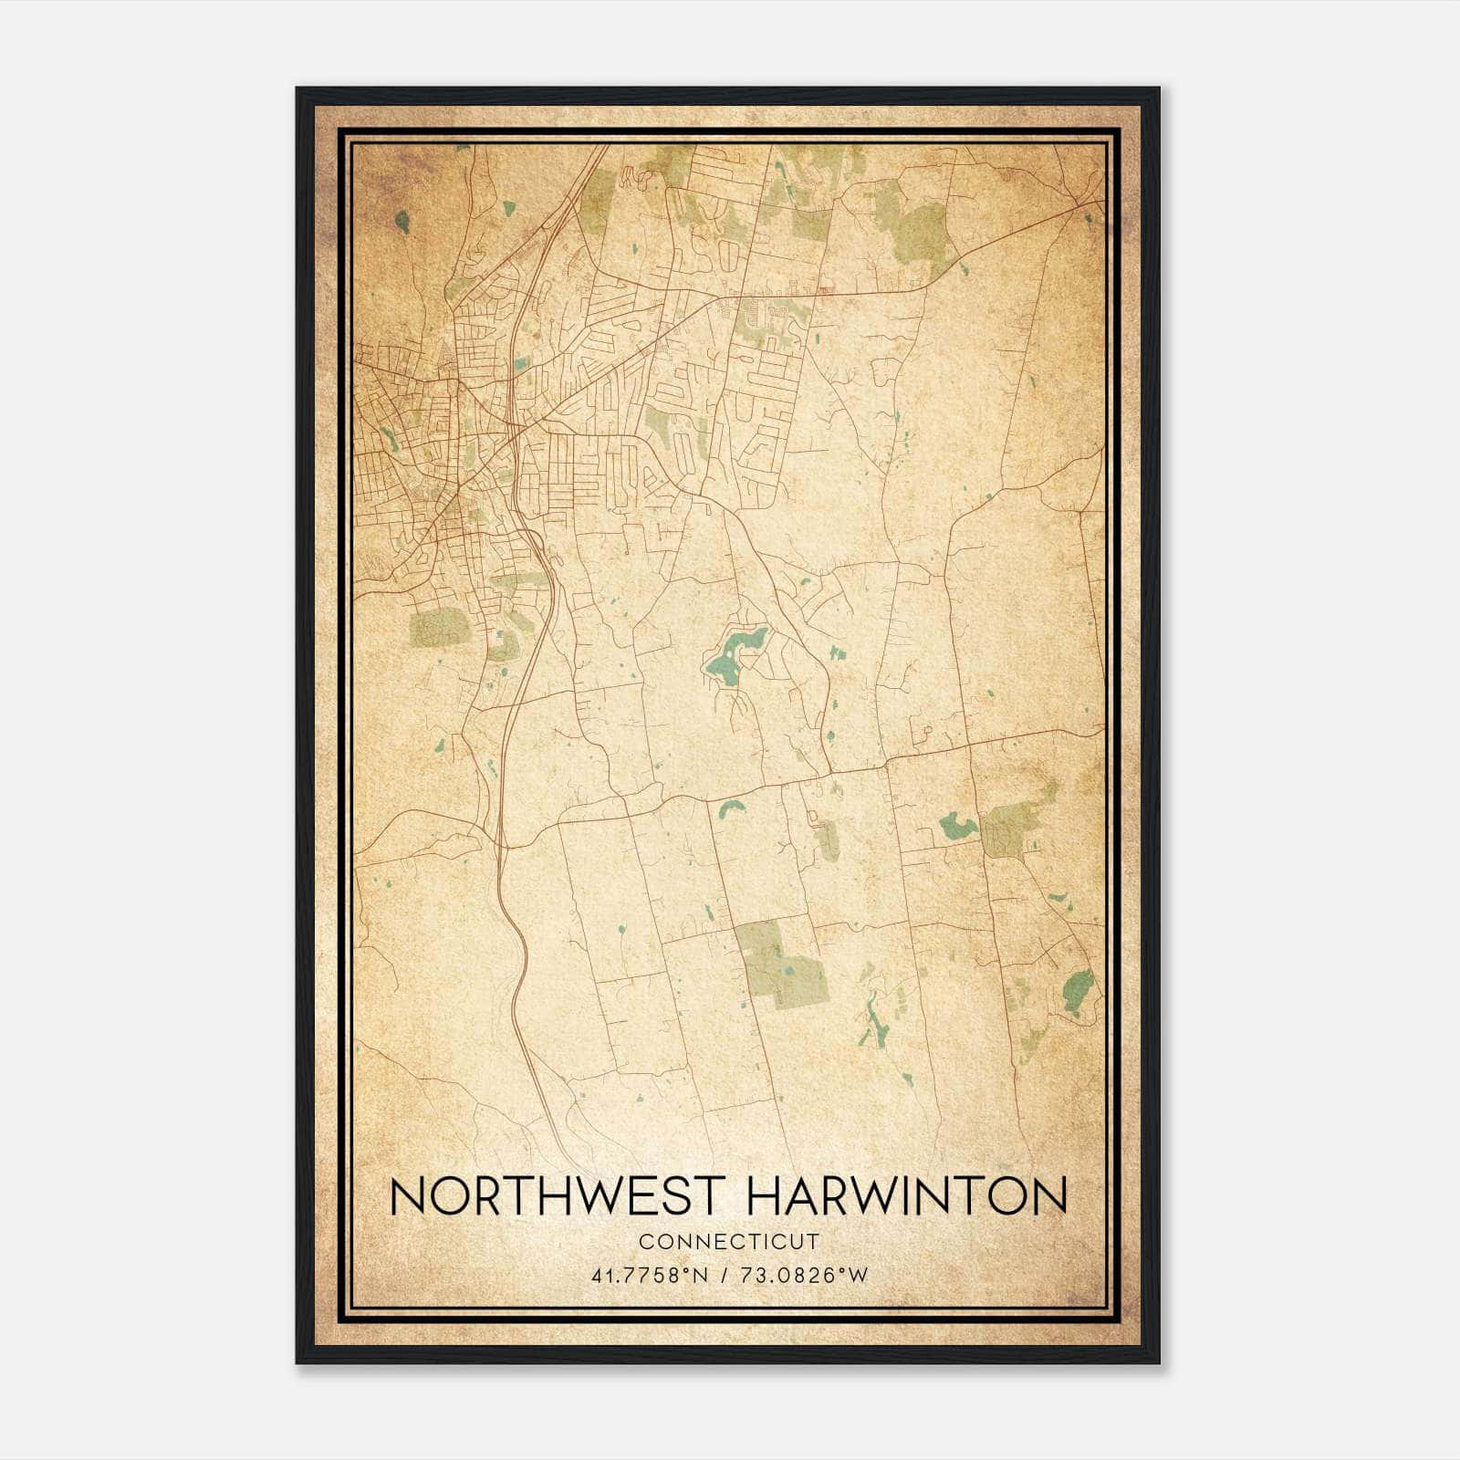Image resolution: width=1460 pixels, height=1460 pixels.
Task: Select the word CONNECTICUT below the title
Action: (729, 1241)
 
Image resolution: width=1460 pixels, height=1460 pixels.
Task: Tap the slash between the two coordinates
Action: (725, 1275)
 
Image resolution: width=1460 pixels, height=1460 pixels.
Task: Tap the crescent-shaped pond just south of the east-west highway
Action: (731, 808)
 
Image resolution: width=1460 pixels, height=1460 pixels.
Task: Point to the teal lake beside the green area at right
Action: (958, 826)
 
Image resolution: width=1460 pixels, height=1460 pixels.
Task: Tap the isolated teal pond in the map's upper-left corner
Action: (401, 220)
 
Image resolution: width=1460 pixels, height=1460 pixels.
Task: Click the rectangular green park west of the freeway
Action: (435, 629)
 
